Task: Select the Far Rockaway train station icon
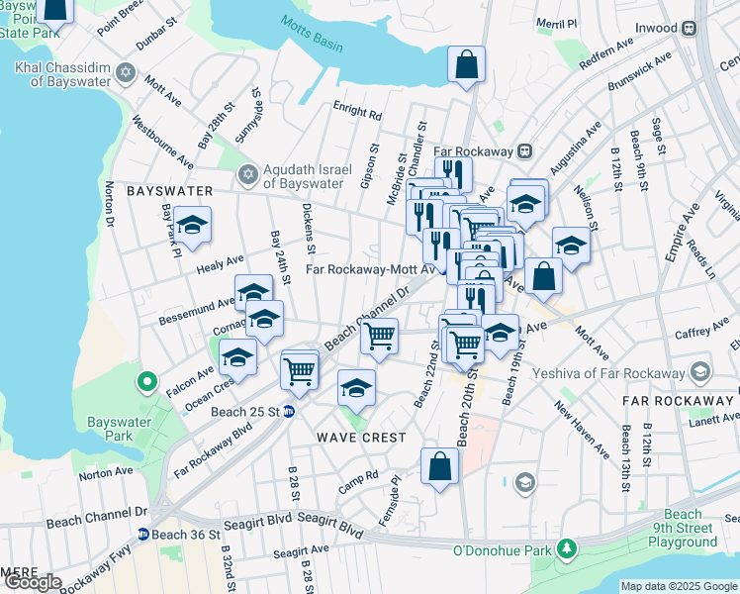click(x=525, y=151)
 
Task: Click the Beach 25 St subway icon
click(x=289, y=412)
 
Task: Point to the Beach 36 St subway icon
click(x=143, y=535)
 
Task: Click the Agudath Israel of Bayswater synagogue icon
click(x=247, y=175)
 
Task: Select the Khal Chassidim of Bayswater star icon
click(x=125, y=72)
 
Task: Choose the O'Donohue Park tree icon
click(x=566, y=547)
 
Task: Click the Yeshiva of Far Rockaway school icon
click(x=700, y=372)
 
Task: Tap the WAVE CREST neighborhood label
click(x=360, y=437)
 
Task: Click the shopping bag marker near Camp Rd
click(x=439, y=466)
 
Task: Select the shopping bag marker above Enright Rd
click(x=466, y=65)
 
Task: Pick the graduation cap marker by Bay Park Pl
click(x=193, y=224)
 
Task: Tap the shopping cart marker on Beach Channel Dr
click(x=380, y=336)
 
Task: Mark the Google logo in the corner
click(x=33, y=582)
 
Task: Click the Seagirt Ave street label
click(x=301, y=550)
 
